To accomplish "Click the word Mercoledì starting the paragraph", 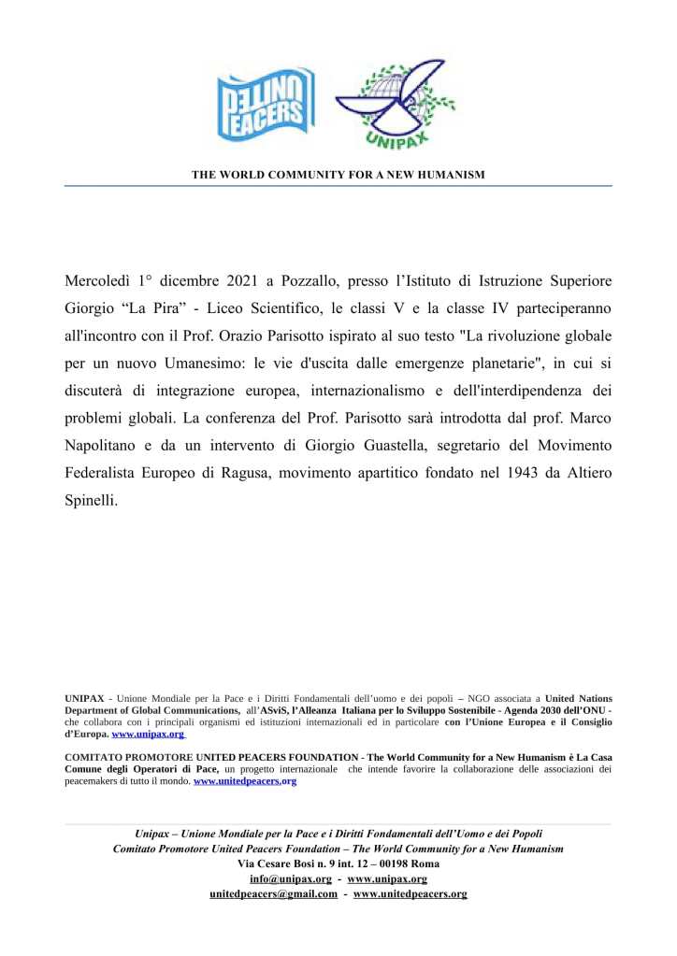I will click(x=97, y=280).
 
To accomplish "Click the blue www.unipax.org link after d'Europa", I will click(x=148, y=735).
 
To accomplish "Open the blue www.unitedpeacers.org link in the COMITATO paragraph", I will click(x=245, y=780).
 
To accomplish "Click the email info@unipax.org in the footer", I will click(x=291, y=879).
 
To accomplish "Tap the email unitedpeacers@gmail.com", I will click(x=274, y=894).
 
